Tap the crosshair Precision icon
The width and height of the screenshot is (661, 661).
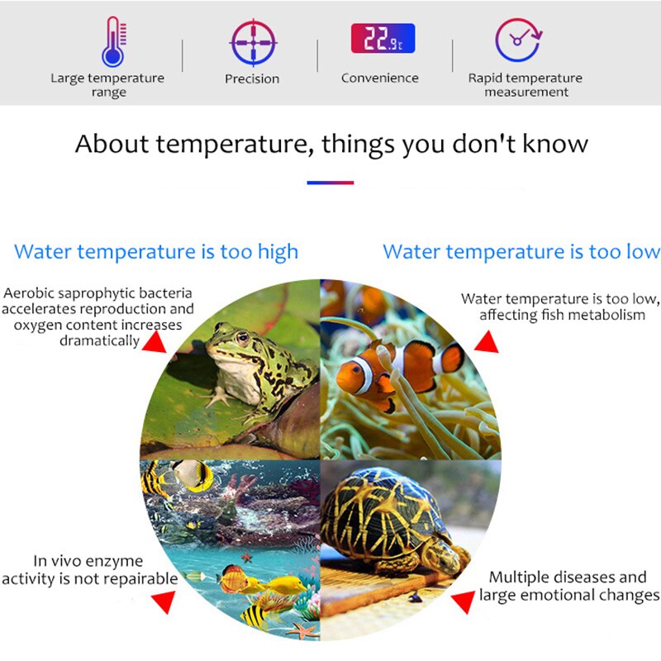pyautogui.click(x=252, y=42)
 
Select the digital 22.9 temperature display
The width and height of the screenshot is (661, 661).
pyautogui.click(x=383, y=39)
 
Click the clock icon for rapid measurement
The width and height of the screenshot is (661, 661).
pyautogui.click(x=518, y=40)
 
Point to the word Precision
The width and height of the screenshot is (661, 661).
pyautogui.click(x=252, y=79)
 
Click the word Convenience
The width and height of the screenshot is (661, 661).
pyautogui.click(x=380, y=78)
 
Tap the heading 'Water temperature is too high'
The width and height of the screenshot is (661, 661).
pyautogui.click(x=156, y=251)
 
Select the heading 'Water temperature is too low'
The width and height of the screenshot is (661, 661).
pyautogui.click(x=521, y=251)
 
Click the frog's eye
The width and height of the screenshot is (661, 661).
pyautogui.click(x=242, y=337)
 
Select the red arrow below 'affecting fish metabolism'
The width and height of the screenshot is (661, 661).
pyautogui.click(x=486, y=342)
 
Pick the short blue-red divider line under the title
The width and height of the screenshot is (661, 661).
pyautogui.click(x=330, y=183)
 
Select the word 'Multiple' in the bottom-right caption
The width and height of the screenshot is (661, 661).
pyautogui.click(x=517, y=577)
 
